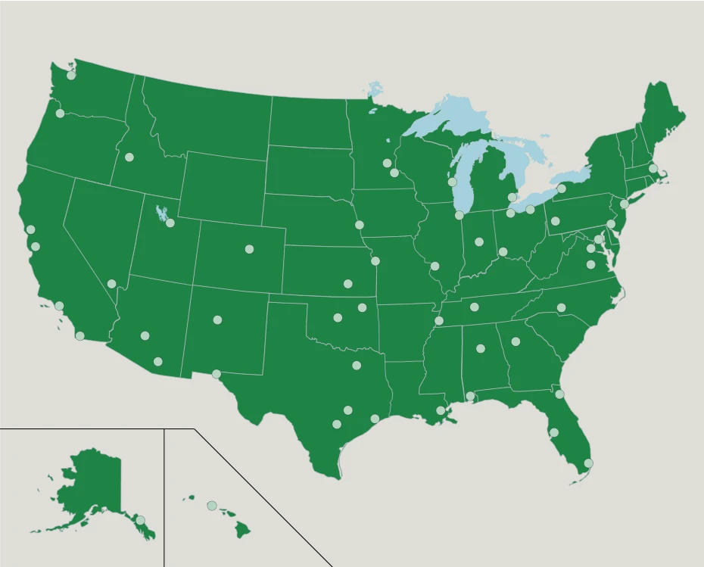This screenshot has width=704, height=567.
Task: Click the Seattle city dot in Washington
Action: (71, 75)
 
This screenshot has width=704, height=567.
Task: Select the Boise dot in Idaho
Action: (129, 157)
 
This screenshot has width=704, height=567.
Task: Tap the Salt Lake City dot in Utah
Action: (170, 223)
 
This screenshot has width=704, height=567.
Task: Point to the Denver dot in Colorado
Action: (249, 248)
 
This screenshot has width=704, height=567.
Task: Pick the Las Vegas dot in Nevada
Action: (112, 284)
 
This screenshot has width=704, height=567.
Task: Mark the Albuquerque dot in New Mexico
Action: (217, 319)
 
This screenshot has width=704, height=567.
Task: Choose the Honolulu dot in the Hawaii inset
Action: (212, 505)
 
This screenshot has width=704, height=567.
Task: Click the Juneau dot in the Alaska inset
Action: (140, 520)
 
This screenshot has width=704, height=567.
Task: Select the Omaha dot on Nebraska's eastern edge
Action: (360, 225)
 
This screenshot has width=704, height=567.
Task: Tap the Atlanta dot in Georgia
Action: (516, 341)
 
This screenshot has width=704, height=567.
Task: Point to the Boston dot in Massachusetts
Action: (653, 168)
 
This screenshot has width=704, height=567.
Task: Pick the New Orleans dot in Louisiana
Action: (441, 410)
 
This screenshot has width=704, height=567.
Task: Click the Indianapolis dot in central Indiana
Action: (479, 242)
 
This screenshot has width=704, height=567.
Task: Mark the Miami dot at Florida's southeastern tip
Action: (588, 463)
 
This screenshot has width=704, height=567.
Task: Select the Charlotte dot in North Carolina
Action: (562, 307)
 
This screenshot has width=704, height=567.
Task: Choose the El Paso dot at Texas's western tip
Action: (216, 373)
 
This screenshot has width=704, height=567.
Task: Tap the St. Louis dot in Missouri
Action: (435, 266)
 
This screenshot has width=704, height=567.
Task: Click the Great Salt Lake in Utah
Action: (160, 213)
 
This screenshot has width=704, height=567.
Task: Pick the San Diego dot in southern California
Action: (80, 335)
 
